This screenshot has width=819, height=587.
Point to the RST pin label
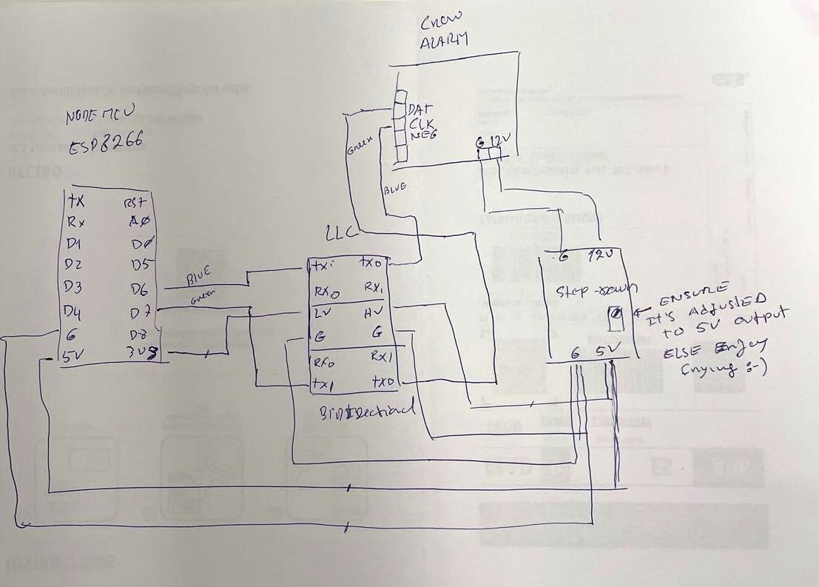point(138,202)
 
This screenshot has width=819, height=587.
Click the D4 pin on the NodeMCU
point(73,309)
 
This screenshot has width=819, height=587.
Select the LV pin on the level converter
point(320,313)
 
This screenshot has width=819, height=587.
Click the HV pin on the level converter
point(372,313)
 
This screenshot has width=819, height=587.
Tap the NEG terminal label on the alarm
point(422,135)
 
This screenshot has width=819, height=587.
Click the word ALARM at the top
point(444,43)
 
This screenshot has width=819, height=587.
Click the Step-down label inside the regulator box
point(590,289)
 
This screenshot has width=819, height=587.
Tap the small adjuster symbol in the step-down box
point(613,318)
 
